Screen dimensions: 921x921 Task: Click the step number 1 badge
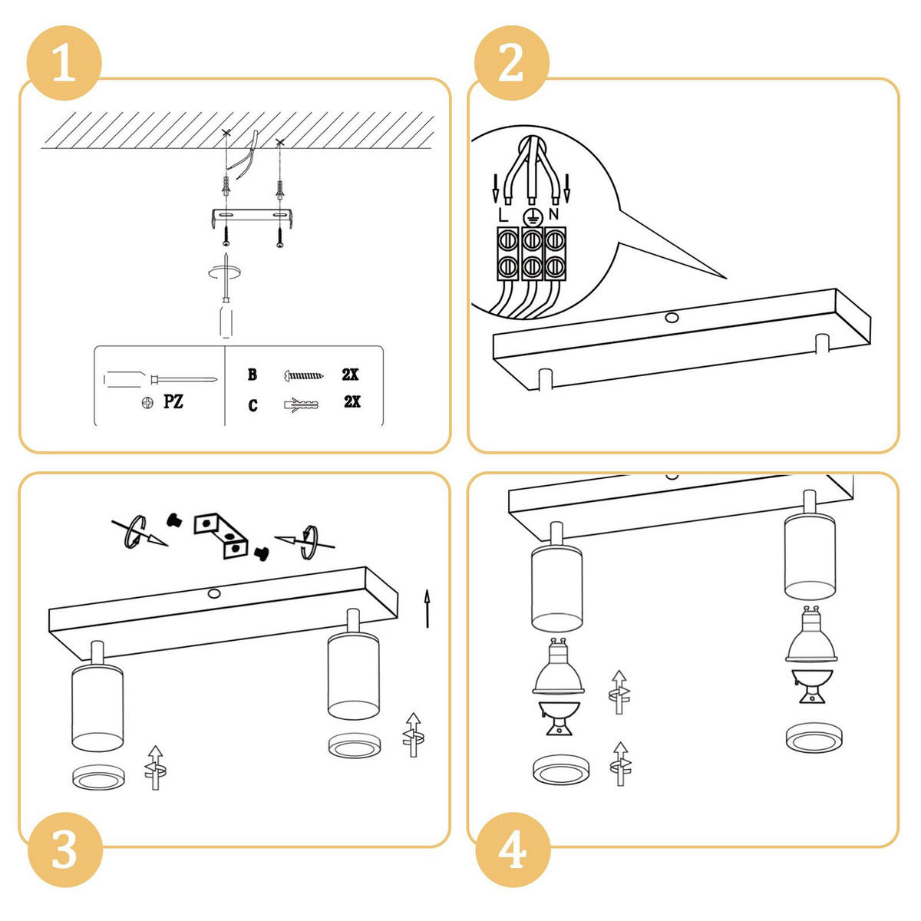pyautogui.click(x=64, y=63)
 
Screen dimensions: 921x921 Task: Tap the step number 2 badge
pyautogui.click(x=511, y=63)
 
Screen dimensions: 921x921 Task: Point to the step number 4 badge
pyautogui.click(x=513, y=850)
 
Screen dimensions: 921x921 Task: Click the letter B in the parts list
pyautogui.click(x=253, y=375)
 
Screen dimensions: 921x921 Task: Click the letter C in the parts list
pyautogui.click(x=253, y=405)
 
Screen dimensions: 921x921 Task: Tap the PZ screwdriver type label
pyautogui.click(x=173, y=401)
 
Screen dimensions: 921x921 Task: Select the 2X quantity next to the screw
pyautogui.click(x=350, y=375)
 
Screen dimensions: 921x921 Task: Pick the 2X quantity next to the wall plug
pyautogui.click(x=352, y=401)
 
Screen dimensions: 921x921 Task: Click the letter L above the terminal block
pyautogui.click(x=503, y=215)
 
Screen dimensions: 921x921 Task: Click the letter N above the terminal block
pyautogui.click(x=554, y=213)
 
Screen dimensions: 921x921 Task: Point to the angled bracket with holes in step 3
pyautogui.click(x=221, y=536)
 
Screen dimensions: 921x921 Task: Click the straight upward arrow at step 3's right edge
pyautogui.click(x=427, y=609)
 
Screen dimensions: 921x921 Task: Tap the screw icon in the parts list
pyautogui.click(x=303, y=375)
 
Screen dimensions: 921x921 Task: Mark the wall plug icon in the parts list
pyautogui.click(x=301, y=404)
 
